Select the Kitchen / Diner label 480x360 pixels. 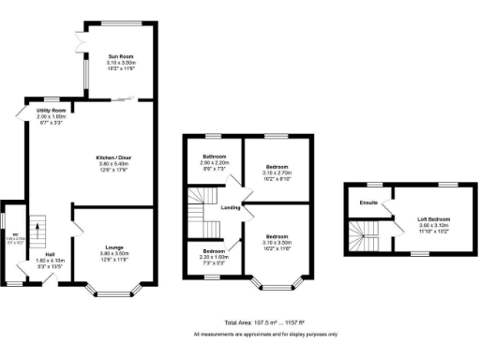click(112, 156)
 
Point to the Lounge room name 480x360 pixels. click(112, 248)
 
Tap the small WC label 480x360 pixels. click(15, 234)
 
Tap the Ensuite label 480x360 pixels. click(368, 202)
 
